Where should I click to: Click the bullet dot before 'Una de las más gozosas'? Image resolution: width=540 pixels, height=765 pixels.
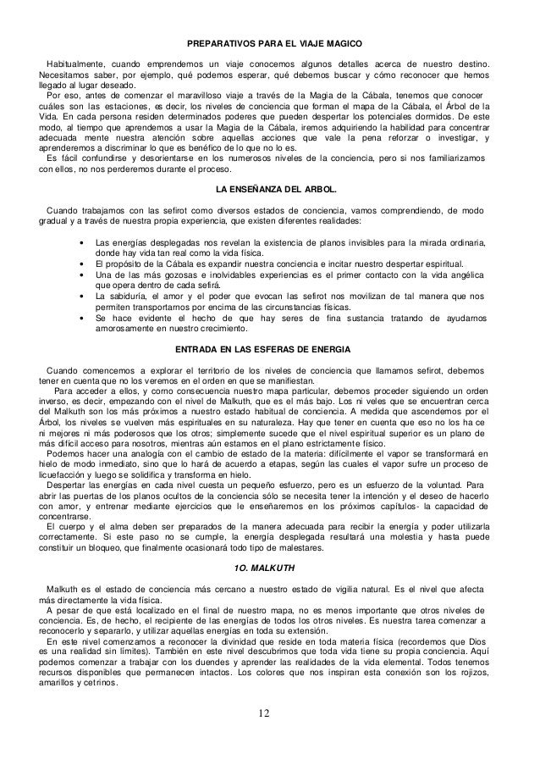[80, 275]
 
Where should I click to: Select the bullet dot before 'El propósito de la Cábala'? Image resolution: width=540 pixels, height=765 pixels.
[80, 264]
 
